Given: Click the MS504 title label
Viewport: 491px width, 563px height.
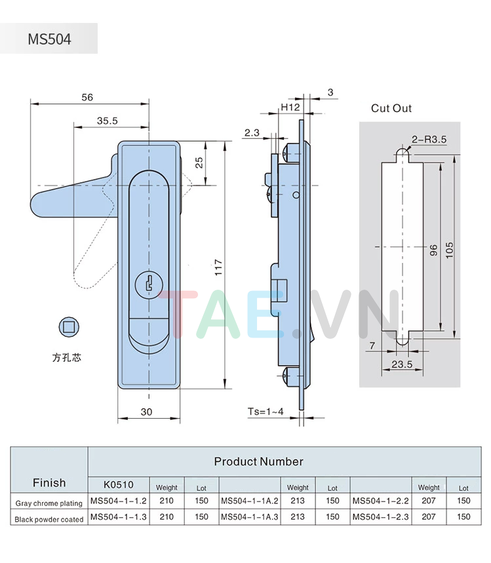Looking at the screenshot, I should click(x=49, y=39).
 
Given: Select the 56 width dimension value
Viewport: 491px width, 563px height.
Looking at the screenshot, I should click(x=87, y=97).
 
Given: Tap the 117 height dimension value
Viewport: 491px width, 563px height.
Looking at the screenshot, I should click(x=219, y=265).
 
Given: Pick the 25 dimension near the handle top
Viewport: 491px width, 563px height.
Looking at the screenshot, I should click(x=199, y=163).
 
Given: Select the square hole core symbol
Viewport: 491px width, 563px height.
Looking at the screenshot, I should click(x=67, y=326).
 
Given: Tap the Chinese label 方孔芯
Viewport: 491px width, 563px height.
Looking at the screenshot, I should click(x=67, y=358).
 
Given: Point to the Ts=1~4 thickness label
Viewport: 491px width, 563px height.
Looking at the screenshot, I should click(x=265, y=412).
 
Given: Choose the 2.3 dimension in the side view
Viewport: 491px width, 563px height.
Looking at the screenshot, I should click(x=252, y=132).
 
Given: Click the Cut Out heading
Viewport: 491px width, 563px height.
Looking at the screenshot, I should click(x=391, y=108).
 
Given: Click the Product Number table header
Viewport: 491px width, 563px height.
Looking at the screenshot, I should click(x=258, y=461).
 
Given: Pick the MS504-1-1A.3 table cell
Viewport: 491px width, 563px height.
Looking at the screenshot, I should click(x=250, y=516).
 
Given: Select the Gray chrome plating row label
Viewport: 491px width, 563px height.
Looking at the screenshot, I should click(x=49, y=503).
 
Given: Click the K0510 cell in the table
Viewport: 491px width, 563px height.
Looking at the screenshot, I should click(x=119, y=486).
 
